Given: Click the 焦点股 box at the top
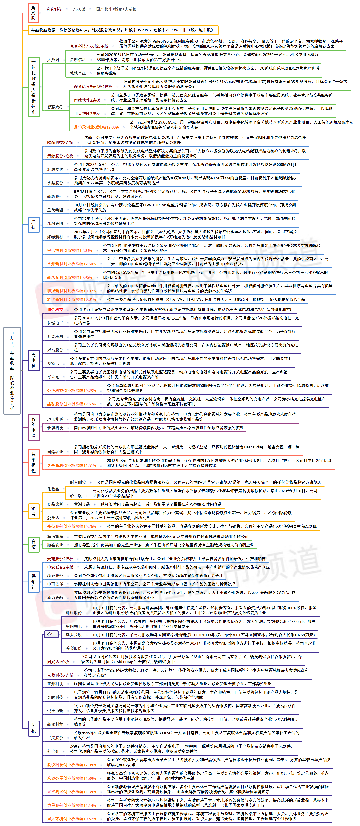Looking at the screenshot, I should [33, 13].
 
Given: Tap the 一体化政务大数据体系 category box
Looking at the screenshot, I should [33, 87].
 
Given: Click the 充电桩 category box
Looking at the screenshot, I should [33, 360].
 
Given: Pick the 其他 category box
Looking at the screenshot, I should [33, 728].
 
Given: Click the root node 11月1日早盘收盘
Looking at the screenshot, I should [12, 370].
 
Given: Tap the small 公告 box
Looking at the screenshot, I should [51, 634].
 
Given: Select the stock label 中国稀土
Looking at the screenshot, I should [74, 626].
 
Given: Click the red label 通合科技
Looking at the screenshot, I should [55, 309].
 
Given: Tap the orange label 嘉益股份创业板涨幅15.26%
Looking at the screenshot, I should [71, 526].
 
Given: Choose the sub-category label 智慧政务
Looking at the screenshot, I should [55, 107].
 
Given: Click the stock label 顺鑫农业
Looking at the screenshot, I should [55, 545].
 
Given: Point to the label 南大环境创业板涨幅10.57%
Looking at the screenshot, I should [71, 819].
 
